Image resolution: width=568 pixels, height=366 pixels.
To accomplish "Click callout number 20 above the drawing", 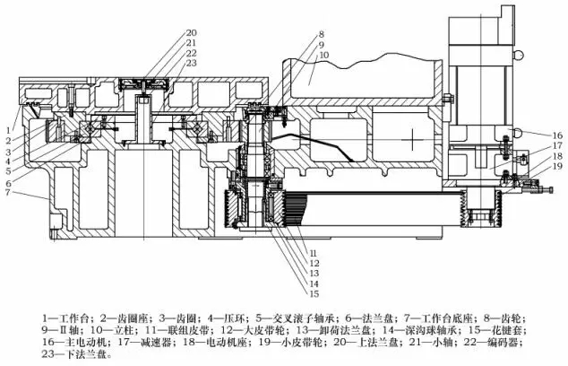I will pos(192,33).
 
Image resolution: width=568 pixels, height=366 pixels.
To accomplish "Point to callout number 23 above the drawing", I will pos(192,63).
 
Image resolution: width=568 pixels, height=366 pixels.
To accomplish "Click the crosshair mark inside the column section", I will pos(409,141).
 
